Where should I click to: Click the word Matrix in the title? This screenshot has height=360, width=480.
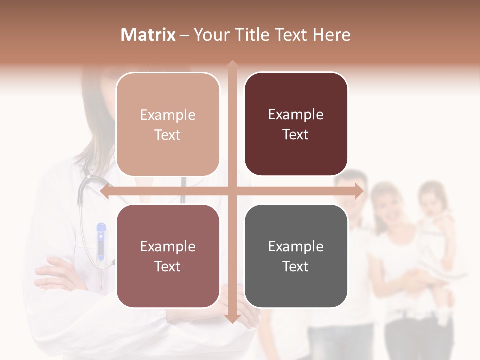click(148, 35)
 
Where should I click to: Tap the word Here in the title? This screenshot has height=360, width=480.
click(331, 35)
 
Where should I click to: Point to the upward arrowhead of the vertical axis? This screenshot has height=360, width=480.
click(232, 64)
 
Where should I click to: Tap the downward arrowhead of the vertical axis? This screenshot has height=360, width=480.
click(232, 318)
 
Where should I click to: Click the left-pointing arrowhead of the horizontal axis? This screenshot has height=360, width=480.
click(104, 191)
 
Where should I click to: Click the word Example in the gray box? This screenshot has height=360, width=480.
click(296, 246)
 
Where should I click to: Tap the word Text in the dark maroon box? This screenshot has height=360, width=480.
click(296, 134)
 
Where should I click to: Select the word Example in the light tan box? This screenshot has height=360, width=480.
click(168, 115)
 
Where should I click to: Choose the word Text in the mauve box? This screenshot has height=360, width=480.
click(168, 266)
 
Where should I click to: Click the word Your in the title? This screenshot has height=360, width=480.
click(210, 35)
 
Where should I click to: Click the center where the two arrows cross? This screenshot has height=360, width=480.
click(232, 191)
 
